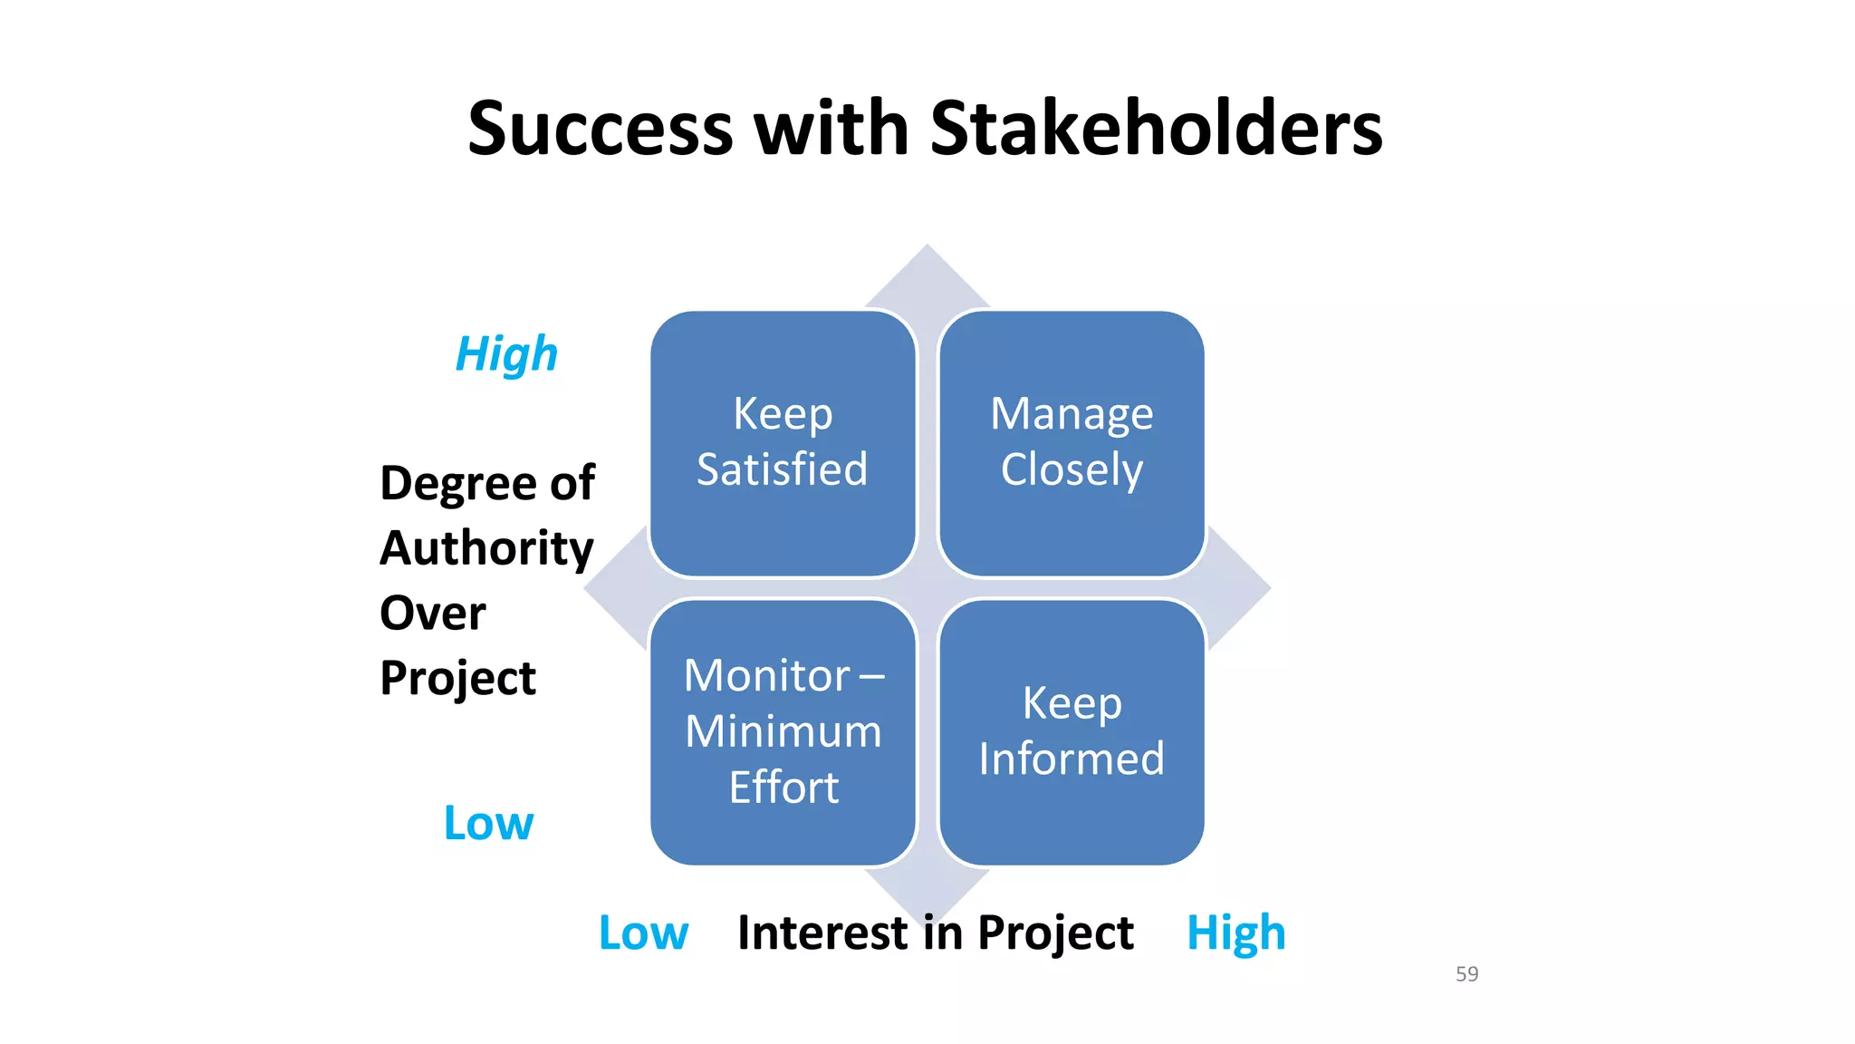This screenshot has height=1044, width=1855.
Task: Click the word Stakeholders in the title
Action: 1156,128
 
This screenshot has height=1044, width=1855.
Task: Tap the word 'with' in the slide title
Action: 831,128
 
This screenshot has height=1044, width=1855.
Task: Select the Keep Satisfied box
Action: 783,443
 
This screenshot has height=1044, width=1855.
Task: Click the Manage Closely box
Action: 1072,443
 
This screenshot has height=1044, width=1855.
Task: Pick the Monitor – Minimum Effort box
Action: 783,731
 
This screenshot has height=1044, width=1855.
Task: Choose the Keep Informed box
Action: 1072,731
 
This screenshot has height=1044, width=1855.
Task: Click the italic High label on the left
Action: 506,354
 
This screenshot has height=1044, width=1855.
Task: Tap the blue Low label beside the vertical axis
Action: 488,823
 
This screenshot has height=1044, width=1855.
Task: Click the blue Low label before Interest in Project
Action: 643,933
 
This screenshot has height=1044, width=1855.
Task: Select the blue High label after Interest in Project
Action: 1235,933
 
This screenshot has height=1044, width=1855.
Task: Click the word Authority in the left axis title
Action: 486,548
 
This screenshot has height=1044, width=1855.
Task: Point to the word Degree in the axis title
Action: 449,484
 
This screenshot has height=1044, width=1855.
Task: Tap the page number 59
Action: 1466,974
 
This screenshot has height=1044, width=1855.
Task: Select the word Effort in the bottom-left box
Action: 783,787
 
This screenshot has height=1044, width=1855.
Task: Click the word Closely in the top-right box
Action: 1072,469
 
